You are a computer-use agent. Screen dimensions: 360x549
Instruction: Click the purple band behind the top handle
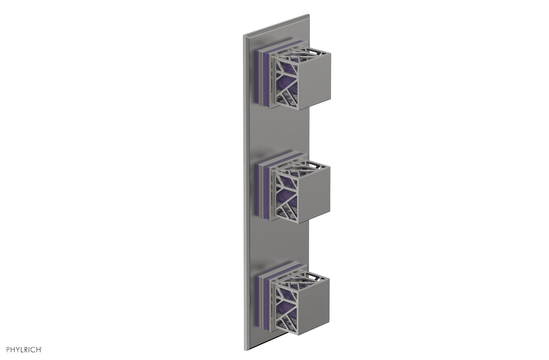262,74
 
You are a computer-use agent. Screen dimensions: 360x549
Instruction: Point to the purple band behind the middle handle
262,185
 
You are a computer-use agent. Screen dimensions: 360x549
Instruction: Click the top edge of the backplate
277,24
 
